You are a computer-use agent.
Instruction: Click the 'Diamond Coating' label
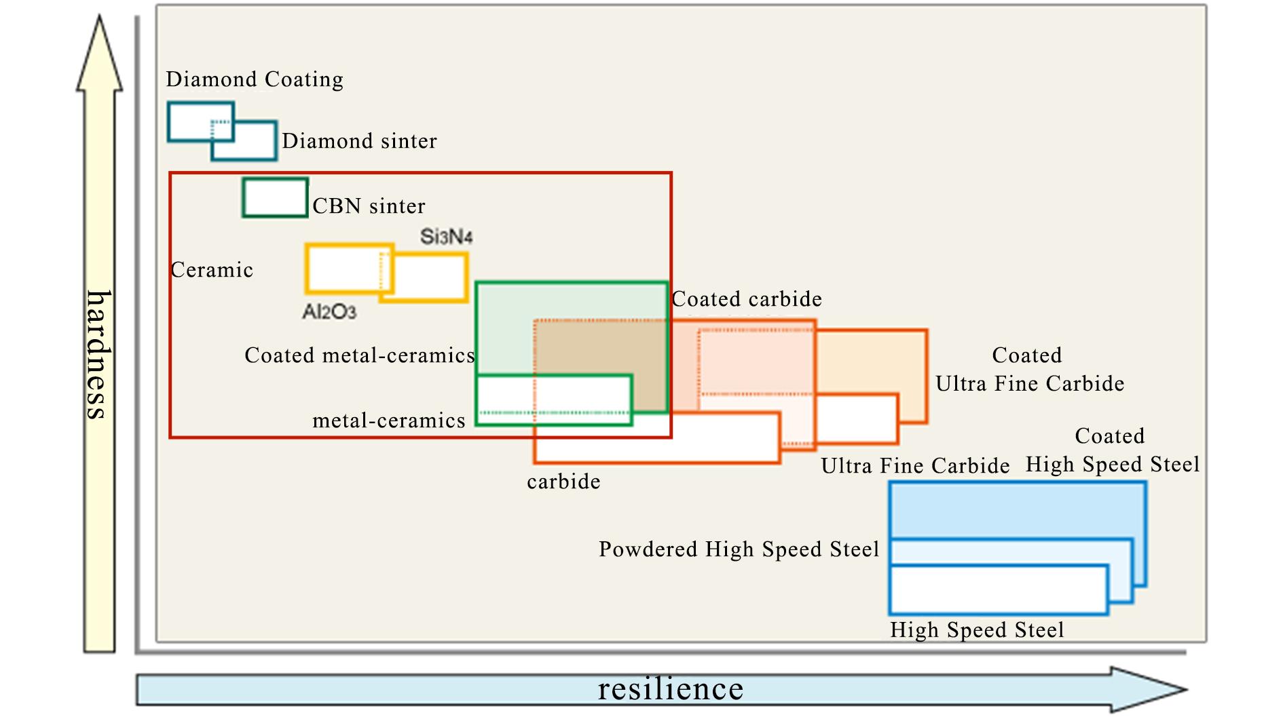tap(255, 79)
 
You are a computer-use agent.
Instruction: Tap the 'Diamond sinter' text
tap(359, 141)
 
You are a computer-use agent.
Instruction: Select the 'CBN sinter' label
tap(369, 206)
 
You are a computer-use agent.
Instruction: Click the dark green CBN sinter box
tap(275, 197)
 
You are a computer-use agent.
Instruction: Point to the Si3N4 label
tap(446, 237)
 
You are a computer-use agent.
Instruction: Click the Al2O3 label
tap(329, 311)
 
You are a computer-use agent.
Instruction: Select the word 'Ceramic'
tap(212, 270)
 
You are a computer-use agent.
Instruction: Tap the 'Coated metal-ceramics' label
tap(359, 355)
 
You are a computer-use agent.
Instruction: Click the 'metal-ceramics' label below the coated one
tap(388, 421)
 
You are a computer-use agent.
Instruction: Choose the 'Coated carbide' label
tap(747, 299)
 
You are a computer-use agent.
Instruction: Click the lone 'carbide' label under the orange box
tap(563, 482)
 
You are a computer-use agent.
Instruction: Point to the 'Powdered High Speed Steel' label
tap(739, 549)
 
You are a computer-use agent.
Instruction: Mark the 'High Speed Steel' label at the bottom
tap(977, 630)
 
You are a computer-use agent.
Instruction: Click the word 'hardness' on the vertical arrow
tap(99, 355)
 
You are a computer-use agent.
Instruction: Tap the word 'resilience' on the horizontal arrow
tap(670, 689)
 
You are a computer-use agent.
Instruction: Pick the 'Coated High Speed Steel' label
tap(1112, 450)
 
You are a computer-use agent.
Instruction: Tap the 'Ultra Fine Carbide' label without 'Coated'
tap(914, 466)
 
